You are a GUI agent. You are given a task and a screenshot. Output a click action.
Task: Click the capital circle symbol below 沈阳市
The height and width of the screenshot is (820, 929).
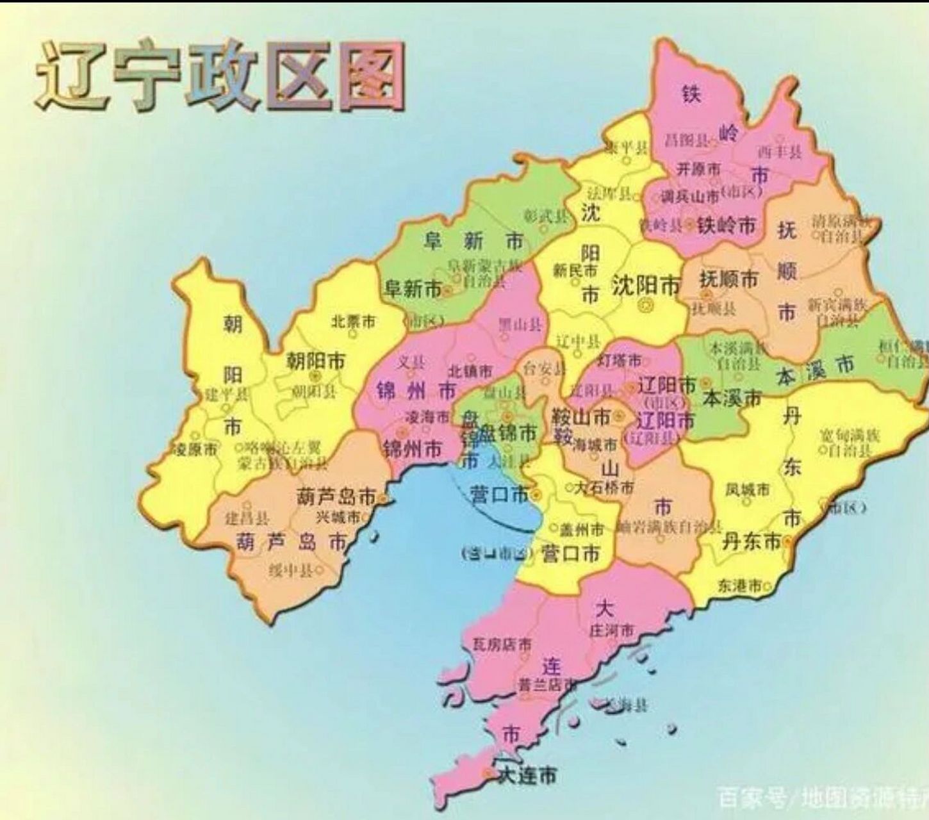tap(646, 306)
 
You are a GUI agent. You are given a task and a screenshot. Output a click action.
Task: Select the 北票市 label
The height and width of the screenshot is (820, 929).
tap(353, 322)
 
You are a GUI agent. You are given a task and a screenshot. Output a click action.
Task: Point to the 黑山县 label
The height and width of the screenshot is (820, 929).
tap(520, 325)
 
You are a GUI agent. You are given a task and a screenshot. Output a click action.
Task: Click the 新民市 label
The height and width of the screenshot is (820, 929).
tap(575, 271)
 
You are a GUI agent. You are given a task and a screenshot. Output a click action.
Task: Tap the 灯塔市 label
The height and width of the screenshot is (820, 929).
tap(619, 361)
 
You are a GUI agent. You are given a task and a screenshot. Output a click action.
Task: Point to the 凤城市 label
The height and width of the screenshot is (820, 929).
tap(748, 490)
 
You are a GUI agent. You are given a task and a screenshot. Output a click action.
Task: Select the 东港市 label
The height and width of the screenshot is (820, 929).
tap(741, 585)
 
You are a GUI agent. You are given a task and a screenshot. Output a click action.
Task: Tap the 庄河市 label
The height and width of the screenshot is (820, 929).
tap(612, 630)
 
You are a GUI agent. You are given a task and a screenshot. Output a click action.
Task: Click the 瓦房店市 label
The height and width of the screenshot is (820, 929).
tap(502, 644)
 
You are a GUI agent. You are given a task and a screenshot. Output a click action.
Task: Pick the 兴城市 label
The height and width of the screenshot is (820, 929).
tap(338, 516)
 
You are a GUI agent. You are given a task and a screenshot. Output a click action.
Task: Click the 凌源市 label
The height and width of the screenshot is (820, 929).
tap(195, 449)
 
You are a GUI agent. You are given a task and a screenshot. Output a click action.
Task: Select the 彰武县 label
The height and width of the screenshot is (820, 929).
tap(545, 216)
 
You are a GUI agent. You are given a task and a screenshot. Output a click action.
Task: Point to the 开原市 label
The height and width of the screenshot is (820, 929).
tap(698, 169)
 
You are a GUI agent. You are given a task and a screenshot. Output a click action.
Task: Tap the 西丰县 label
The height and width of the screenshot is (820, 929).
tap(780, 152)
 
